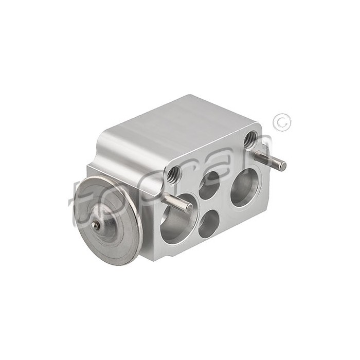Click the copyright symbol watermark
click(282, 122)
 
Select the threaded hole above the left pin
click(174, 176)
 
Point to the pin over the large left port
click(177, 202)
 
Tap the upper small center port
click(210, 185)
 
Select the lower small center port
click(209, 223)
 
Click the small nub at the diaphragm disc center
click(95, 225)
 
